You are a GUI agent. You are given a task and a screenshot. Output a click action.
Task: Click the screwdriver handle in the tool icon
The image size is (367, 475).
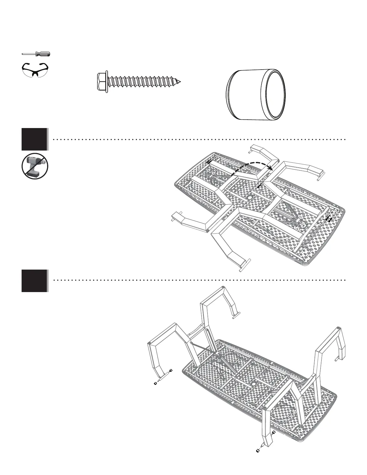tap(43, 54)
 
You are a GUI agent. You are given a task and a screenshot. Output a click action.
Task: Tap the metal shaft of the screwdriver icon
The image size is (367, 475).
tap(29, 54)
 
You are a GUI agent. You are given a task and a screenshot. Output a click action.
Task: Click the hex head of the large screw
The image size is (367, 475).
tap(102, 81)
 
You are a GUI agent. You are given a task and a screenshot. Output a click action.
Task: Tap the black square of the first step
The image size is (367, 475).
tap(34, 139)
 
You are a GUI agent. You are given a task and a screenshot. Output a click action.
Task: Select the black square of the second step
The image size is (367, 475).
tap(34, 281)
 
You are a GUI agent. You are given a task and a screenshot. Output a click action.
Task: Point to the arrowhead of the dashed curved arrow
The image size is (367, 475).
tap(271, 169)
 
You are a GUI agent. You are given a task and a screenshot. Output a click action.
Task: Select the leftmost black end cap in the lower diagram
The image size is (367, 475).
tap(156, 384)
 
